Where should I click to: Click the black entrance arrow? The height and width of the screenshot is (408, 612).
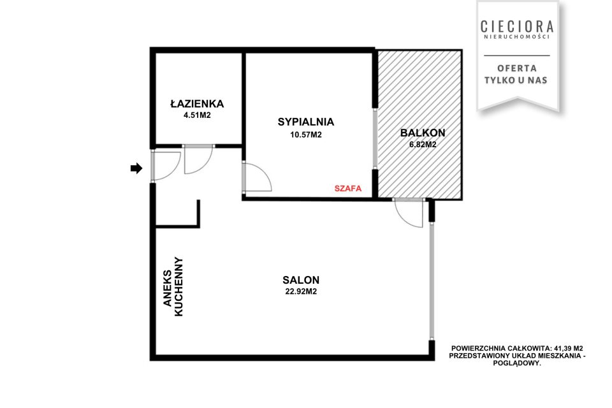(x=136, y=169)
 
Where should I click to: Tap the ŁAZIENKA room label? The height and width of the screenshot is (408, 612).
(x=197, y=103)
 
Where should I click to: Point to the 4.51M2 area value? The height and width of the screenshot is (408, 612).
(x=197, y=115)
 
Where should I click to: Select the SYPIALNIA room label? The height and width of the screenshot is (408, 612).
(x=306, y=122)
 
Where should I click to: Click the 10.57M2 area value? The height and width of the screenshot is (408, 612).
(x=306, y=135)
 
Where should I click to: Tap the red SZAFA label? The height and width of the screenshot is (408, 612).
(x=348, y=189)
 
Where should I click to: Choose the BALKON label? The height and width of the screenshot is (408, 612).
(x=423, y=133)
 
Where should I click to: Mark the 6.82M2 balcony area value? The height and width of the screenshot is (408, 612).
(x=423, y=145)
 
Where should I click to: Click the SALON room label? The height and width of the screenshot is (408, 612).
(x=301, y=280)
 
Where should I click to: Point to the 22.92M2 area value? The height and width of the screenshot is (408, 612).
(x=301, y=291)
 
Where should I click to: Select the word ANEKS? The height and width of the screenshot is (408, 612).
(x=168, y=288)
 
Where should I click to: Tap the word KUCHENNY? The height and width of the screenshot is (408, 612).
(x=178, y=286)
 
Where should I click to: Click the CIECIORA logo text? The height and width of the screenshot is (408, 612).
(x=517, y=27)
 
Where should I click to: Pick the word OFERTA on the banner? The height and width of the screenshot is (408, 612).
(x=517, y=68)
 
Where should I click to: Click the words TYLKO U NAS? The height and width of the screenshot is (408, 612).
(x=516, y=80)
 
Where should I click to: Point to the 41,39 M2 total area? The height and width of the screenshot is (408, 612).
(x=569, y=348)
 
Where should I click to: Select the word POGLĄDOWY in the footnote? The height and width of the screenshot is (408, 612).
(x=517, y=363)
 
